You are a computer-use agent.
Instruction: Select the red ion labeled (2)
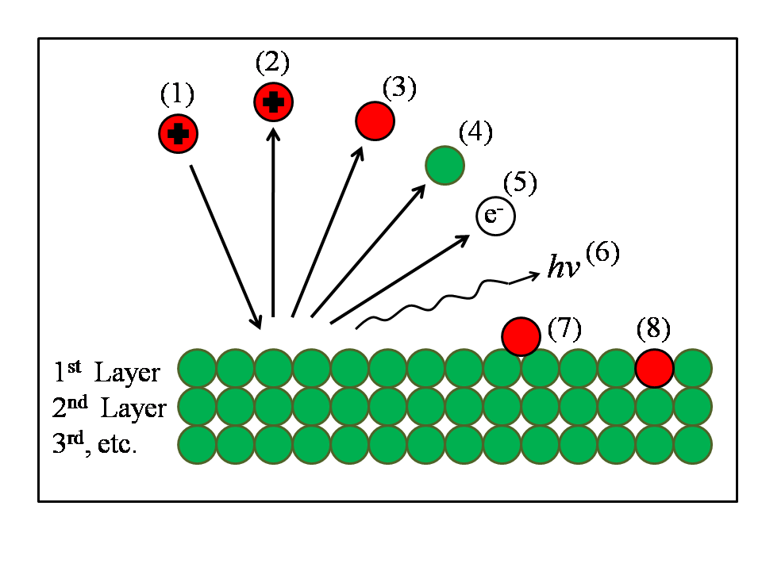[x=274, y=102]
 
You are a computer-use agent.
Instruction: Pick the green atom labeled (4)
[x=444, y=165]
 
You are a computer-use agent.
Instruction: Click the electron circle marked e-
[x=495, y=217]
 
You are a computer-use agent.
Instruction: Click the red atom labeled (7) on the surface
[x=521, y=335]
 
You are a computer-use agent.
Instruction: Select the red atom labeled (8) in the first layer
[x=655, y=369]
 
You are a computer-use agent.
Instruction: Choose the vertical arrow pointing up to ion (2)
[x=274, y=222]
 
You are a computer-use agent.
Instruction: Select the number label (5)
[x=520, y=184]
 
